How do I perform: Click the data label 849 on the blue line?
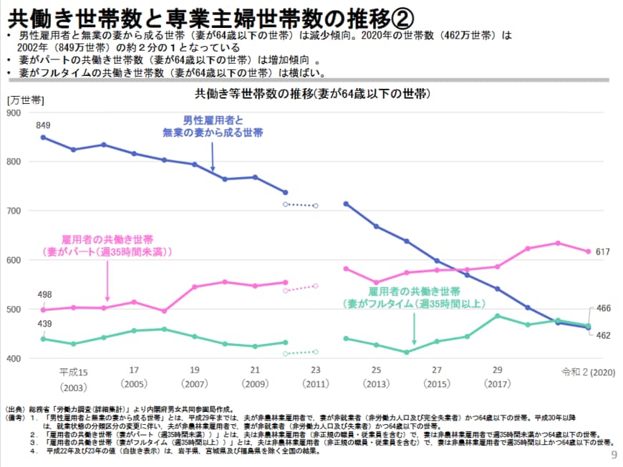[43, 125]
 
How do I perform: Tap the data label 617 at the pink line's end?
[602, 251]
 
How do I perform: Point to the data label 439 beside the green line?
[44, 324]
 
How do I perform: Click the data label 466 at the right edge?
[602, 308]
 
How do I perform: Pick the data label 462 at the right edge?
[602, 334]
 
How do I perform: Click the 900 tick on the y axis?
[14, 112]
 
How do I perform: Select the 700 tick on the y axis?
[14, 211]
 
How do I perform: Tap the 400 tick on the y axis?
[14, 358]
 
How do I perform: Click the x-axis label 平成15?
[73, 372]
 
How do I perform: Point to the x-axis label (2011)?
[316, 384]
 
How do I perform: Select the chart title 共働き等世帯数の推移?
[311, 94]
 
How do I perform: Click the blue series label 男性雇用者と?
[213, 120]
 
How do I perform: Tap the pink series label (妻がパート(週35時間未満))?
[107, 252]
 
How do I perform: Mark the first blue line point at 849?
[43, 137]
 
